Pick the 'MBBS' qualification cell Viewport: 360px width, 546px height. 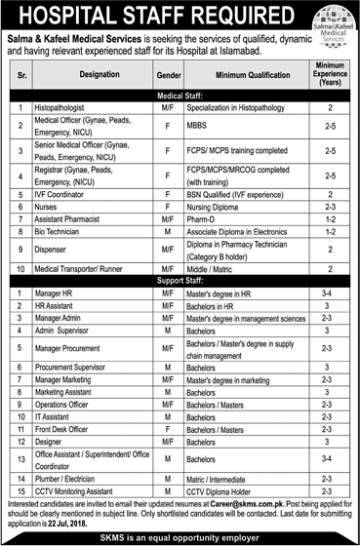200,125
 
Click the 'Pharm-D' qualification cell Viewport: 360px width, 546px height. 206,220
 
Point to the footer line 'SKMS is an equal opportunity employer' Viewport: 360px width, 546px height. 180,534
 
